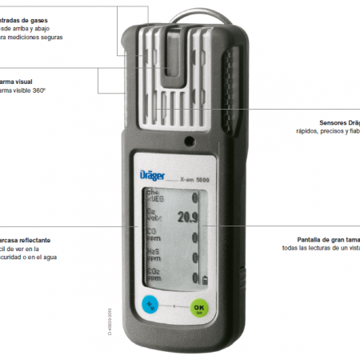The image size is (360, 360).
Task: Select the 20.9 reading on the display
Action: pyautogui.click(x=187, y=215)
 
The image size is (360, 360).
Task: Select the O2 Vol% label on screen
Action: pyautogui.click(x=154, y=215)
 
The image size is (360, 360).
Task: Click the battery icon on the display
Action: pyautogui.click(x=206, y=279)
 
